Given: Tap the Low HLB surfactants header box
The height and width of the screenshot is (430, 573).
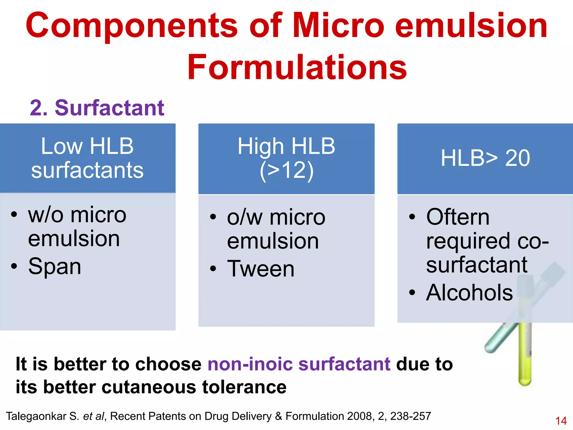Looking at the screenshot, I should tap(88, 158).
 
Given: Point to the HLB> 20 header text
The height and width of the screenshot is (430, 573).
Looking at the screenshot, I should tap(485, 158).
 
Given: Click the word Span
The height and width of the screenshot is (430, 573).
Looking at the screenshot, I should tap(55, 266).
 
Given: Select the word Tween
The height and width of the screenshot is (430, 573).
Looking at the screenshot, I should tap(261, 269).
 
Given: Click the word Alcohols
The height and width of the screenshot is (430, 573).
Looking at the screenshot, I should tap(469, 293).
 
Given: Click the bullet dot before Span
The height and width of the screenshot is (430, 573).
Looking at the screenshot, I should tap(14, 266).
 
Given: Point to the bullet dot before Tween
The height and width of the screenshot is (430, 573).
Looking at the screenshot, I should tap(213, 269).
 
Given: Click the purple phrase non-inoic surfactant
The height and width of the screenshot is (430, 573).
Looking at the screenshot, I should tap(299, 364).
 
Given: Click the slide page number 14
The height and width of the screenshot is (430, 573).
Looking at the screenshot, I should tap(561, 421).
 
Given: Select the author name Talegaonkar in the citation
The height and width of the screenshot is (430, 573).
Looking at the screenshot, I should tap(36, 416).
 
